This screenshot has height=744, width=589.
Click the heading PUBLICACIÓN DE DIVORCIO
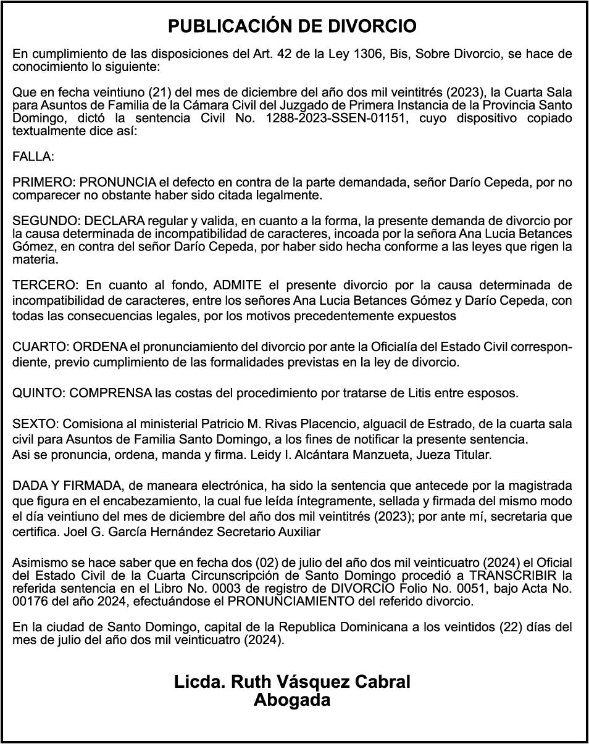[293, 26]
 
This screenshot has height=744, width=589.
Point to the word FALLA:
[33, 157]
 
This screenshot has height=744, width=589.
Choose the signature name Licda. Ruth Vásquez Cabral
[292, 682]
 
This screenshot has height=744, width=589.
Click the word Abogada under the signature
[292, 700]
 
